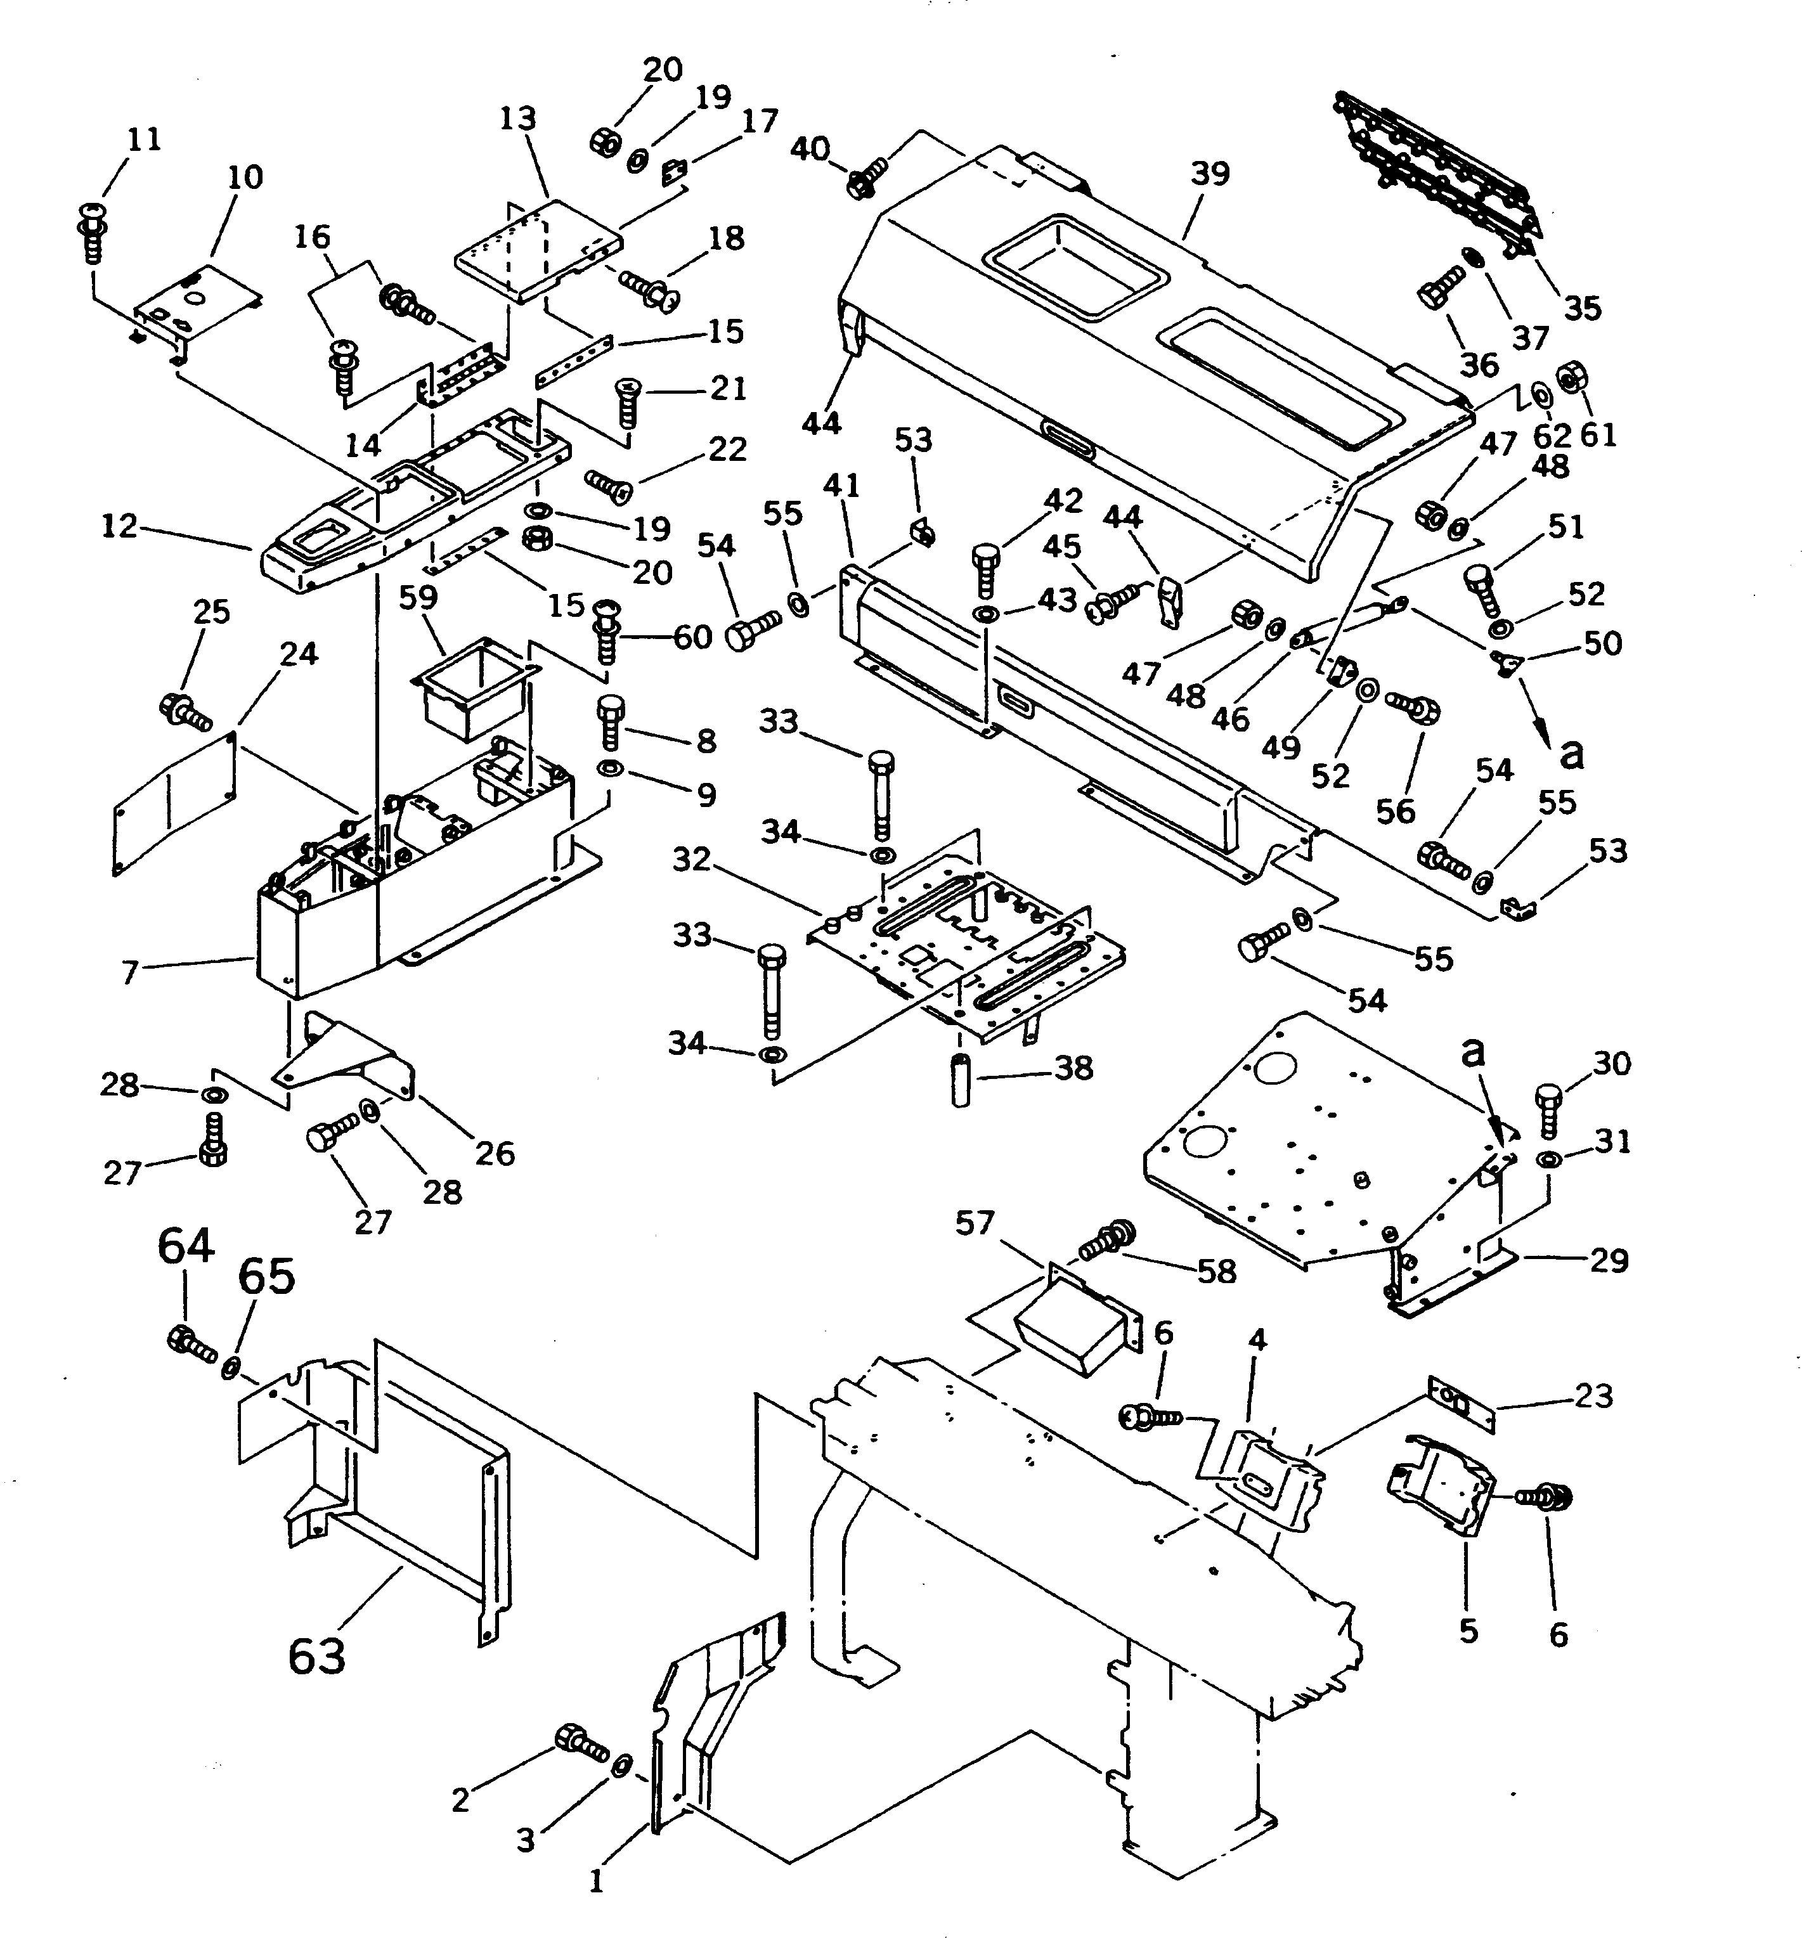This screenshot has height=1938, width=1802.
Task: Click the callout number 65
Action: click(266, 1276)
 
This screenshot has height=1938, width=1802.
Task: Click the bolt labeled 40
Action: click(866, 179)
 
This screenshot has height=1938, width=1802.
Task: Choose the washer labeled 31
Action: click(1548, 1160)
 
